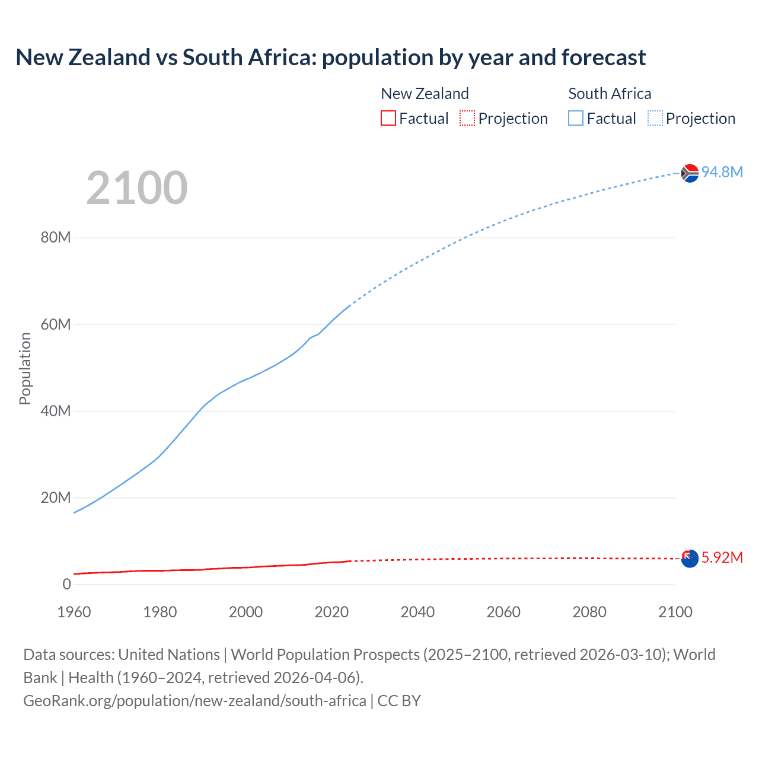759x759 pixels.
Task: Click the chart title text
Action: coord(330,58)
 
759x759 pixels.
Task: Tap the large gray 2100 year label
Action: coord(137,188)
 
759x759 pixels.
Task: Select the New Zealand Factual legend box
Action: coord(388,118)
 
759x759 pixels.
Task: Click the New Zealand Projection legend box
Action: coord(467,118)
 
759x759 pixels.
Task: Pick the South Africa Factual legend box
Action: coord(576,118)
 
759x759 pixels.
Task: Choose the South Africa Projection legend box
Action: coord(655,118)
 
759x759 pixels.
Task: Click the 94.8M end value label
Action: coord(722,172)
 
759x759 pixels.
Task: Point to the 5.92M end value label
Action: coord(722,557)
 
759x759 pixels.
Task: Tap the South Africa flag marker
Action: coord(690,173)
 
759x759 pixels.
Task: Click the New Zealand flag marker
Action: coord(690,559)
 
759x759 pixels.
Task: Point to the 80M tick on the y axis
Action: coord(56,238)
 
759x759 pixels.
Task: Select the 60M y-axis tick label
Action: coord(56,324)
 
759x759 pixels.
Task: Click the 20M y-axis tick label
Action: coord(56,498)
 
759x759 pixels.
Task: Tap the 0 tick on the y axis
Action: coord(66,584)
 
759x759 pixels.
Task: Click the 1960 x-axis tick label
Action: coord(74,612)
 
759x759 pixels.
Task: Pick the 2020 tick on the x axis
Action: coord(331,612)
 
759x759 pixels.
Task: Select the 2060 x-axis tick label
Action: coord(503,612)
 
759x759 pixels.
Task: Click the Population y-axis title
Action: coord(25,368)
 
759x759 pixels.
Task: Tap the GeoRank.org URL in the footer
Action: coord(194,701)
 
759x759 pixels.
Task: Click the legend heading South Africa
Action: coord(610,94)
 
